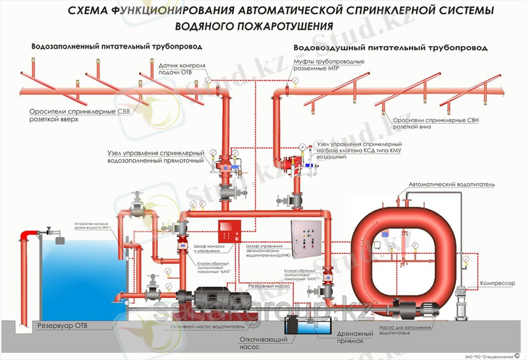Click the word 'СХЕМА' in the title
point(97,11)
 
